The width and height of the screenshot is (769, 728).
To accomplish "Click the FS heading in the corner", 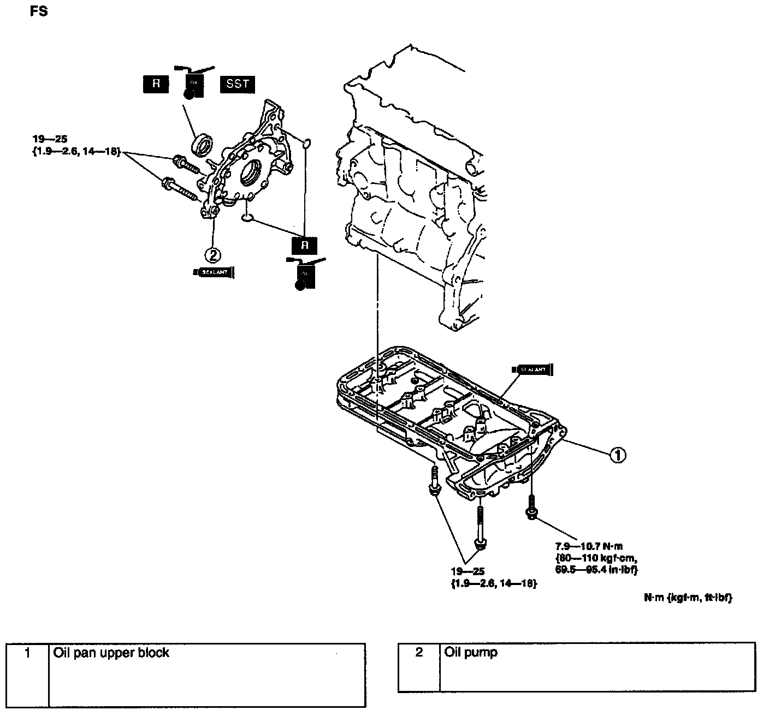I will (x=39, y=11).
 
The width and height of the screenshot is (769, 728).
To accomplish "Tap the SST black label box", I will (x=237, y=84).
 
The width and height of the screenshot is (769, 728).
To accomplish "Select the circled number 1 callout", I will (x=617, y=455).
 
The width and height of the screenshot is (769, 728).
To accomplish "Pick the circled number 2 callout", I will (x=212, y=254).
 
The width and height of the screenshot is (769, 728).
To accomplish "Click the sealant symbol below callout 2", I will (x=214, y=272).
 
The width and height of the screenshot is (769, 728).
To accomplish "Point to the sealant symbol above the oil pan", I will (x=533, y=369).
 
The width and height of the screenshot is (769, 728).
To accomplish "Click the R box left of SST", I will (x=156, y=84).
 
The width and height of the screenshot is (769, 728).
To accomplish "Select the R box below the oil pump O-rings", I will (x=305, y=245).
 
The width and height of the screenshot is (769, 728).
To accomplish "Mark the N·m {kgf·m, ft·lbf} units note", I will (x=688, y=598).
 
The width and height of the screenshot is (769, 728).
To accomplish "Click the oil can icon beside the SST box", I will (x=193, y=85).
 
